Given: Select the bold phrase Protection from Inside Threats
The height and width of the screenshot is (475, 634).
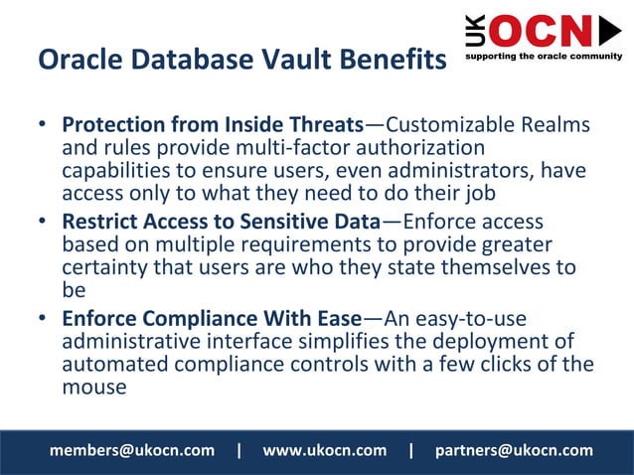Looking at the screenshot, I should [x=212, y=126].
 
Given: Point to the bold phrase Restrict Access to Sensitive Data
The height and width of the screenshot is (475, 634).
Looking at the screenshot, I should [x=221, y=222].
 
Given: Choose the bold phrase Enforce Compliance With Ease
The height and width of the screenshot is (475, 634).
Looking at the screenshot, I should [x=211, y=319].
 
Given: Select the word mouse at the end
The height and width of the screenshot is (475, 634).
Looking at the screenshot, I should [x=94, y=387].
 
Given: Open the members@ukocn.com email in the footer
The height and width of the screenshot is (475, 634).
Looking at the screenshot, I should [x=132, y=450].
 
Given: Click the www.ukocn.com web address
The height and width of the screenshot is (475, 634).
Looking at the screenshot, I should [x=324, y=450].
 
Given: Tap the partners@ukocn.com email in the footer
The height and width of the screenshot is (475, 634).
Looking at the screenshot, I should [x=514, y=450].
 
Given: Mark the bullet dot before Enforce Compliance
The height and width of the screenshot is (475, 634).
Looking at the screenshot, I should [x=43, y=320].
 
